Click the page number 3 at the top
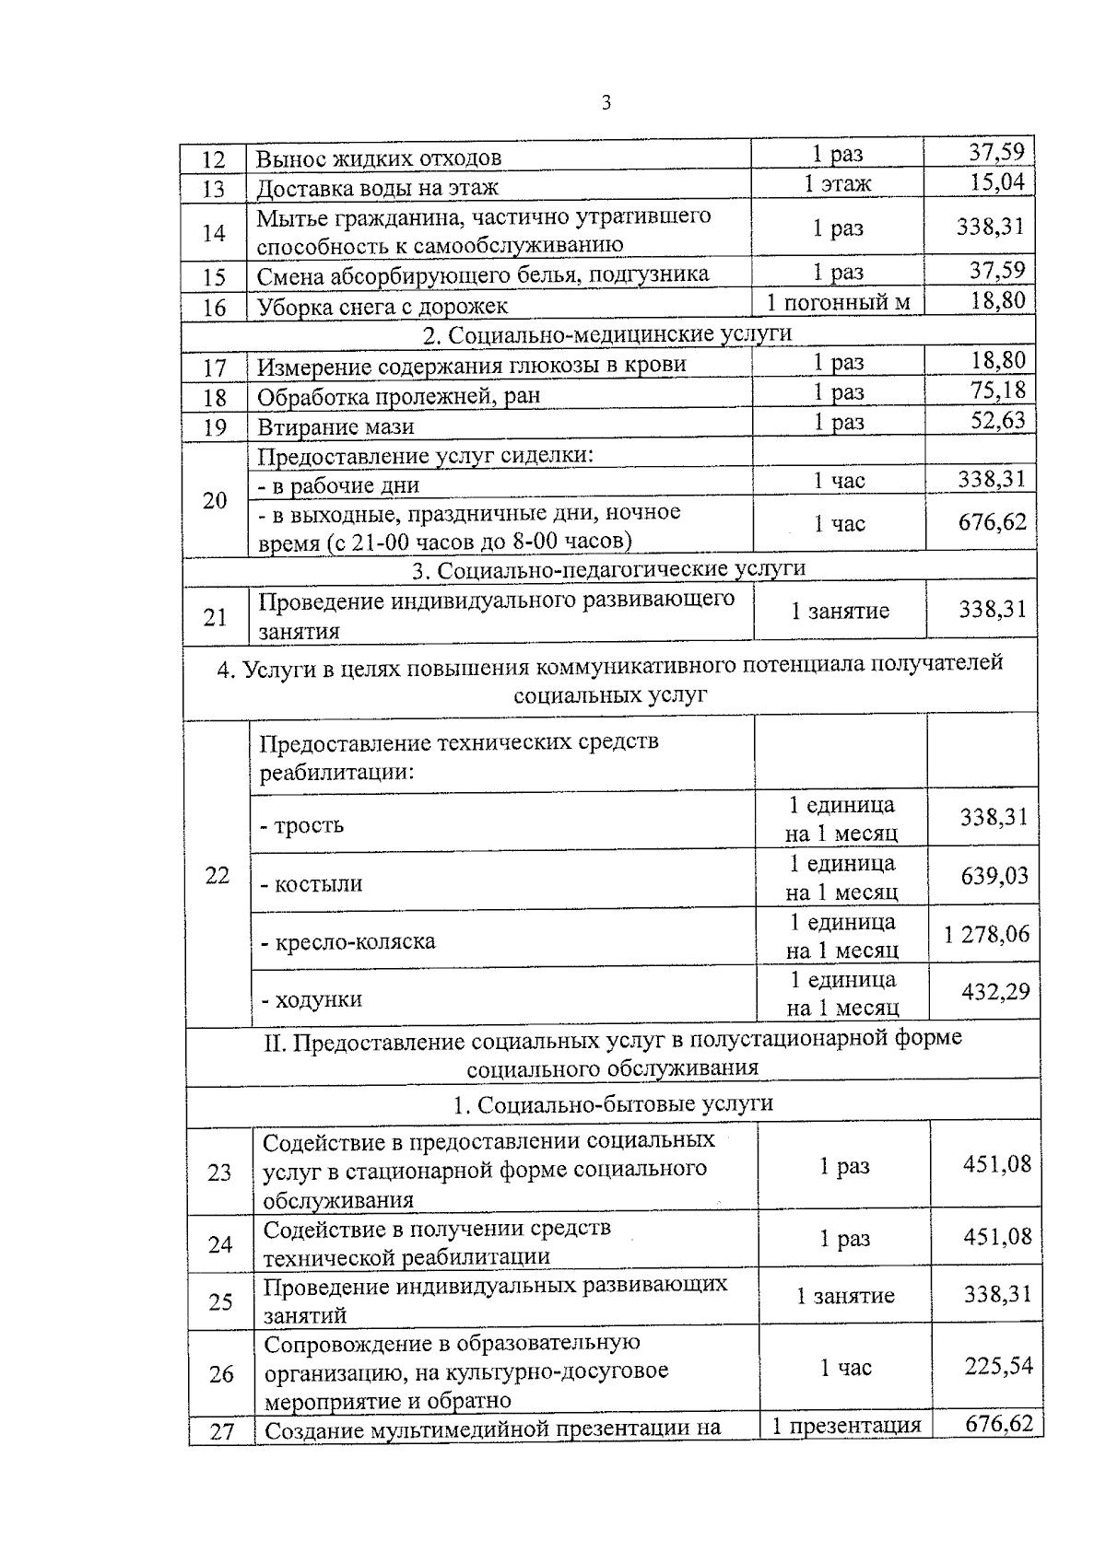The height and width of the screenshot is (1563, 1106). pos(606,103)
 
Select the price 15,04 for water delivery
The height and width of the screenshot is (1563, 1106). pos(996,181)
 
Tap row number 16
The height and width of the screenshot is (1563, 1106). pos(214,308)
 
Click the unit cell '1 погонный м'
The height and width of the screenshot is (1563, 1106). pos(838,302)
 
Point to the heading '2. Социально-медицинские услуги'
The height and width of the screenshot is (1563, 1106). pos(607,333)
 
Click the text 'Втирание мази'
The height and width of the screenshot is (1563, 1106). pos(335,426)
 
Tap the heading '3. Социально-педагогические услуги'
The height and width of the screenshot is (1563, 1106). pos(608,569)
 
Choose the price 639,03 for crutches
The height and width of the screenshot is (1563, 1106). pos(994,875)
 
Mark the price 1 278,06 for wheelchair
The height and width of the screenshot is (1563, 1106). pos(986,934)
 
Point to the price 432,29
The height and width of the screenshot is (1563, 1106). pos(995,992)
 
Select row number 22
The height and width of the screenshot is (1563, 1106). pos(217,875)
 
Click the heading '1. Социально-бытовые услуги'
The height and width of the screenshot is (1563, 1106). pos(613,1103)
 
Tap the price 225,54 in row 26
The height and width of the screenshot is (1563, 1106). pos(998,1366)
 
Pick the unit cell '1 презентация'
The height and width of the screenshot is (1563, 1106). pos(846,1426)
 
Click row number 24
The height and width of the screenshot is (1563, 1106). pos(219,1244)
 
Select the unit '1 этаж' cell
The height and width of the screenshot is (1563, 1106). pos(837,183)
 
